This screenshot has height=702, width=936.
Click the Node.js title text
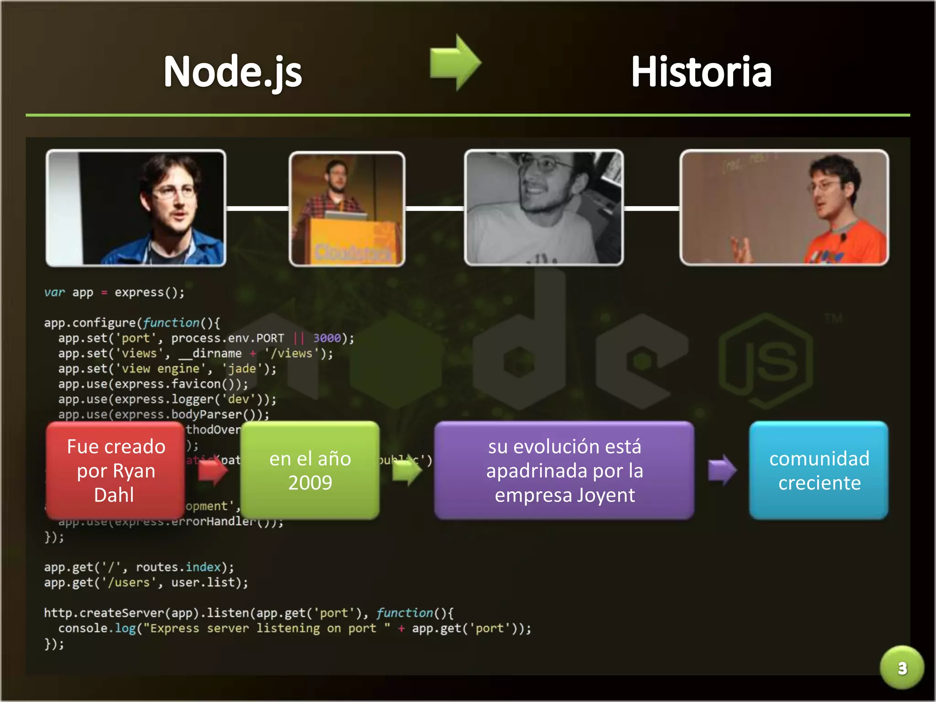click(x=233, y=71)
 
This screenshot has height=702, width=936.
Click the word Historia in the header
click(x=701, y=71)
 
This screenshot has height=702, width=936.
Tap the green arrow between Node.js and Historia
click(x=455, y=63)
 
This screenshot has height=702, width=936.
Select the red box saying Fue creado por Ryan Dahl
click(x=115, y=470)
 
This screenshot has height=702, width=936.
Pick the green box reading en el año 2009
click(x=310, y=470)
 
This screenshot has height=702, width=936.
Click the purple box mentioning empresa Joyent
click(x=564, y=470)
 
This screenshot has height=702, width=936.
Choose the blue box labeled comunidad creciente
click(x=819, y=470)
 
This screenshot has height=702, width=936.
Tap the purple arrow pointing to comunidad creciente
click(x=722, y=470)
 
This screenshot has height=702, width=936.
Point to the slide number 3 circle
click(x=902, y=668)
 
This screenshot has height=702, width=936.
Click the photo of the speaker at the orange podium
click(x=347, y=208)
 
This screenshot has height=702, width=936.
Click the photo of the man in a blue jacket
click(x=136, y=207)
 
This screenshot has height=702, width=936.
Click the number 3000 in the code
click(x=327, y=338)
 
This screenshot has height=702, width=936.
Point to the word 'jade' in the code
click(x=242, y=369)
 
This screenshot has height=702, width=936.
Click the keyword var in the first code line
click(x=54, y=292)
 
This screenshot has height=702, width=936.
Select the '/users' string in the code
click(x=129, y=583)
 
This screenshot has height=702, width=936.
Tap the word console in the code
click(x=83, y=628)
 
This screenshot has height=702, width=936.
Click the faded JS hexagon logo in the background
click(x=766, y=361)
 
